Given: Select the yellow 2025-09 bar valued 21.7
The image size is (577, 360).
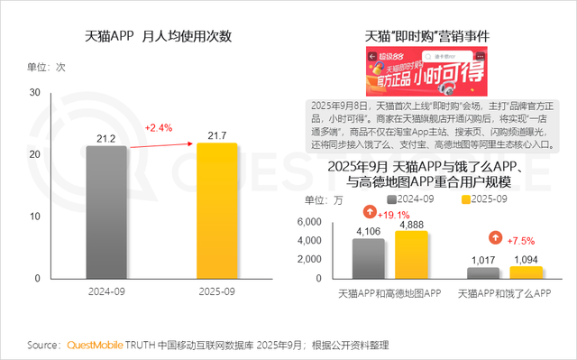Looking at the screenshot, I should tap(218, 210).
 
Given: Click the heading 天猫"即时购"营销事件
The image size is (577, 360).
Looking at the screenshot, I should tap(427, 37).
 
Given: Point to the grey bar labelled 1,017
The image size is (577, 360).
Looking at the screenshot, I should tap(484, 272).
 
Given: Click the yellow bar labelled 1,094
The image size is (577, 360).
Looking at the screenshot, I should tap(526, 272).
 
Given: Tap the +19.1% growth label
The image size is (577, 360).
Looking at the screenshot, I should tap(392, 215).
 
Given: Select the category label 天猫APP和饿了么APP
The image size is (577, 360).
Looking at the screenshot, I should tap(504, 293).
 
